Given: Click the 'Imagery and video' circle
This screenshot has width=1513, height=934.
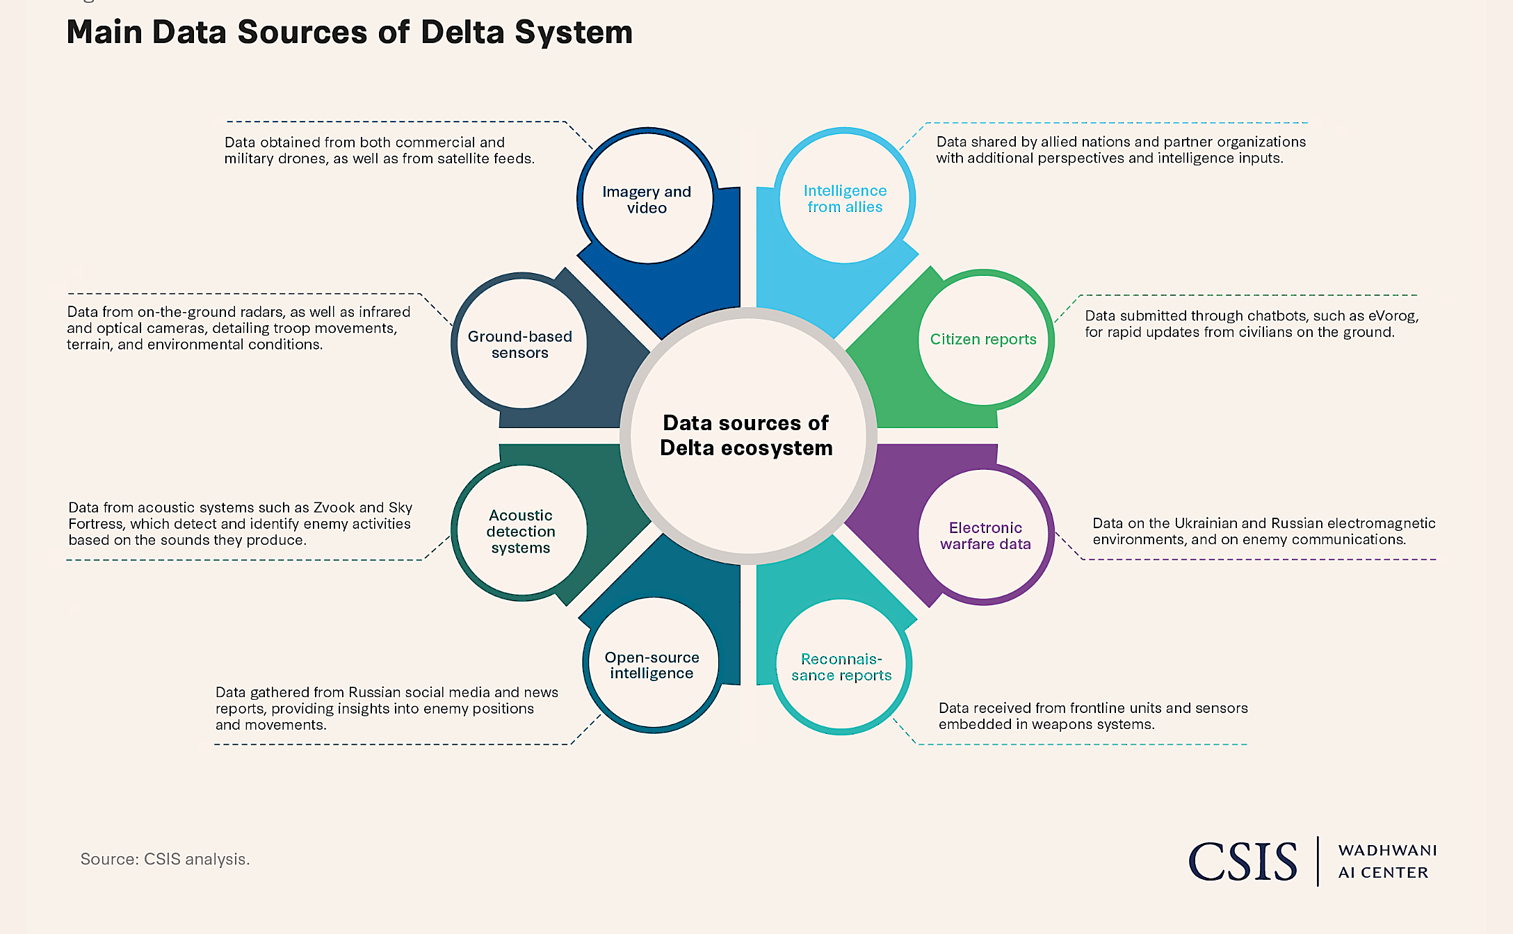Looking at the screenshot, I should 647,199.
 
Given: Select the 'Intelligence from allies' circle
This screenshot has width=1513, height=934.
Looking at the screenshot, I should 845,199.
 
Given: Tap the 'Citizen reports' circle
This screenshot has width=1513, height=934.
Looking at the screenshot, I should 983,339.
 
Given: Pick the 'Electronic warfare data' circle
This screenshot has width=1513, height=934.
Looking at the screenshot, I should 985,536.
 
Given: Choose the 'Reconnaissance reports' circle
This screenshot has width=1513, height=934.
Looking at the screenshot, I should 841,667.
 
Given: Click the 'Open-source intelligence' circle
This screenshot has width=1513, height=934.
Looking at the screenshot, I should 652,665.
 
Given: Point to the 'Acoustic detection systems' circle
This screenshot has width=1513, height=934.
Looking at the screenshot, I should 521,532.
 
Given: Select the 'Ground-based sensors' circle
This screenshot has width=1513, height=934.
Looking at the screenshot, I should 520,345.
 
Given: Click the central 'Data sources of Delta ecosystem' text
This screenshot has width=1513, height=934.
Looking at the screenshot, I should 746,436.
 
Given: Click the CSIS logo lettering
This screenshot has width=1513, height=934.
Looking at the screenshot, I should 1243,862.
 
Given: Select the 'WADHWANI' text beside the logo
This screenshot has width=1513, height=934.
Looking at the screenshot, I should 1387,851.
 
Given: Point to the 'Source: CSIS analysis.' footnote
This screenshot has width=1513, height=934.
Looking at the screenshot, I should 165,859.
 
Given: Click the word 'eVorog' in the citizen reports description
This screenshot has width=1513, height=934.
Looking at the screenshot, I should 1393,316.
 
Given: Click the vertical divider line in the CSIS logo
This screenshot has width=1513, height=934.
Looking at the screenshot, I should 1318,861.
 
